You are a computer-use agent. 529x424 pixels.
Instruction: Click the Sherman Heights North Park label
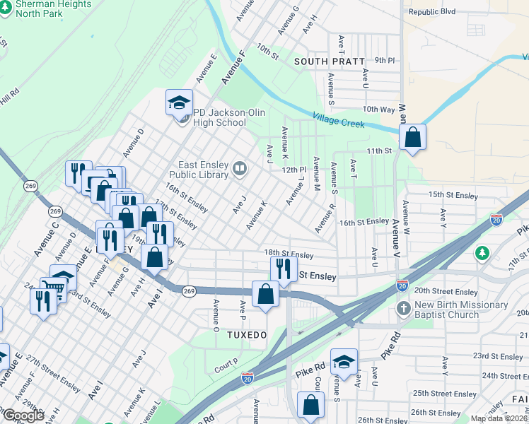click(x=45, y=8)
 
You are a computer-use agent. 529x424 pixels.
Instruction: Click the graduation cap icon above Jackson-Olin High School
click(x=179, y=102)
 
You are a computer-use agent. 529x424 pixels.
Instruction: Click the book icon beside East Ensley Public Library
click(x=240, y=168)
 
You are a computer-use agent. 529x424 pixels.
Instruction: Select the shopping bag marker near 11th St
click(x=412, y=138)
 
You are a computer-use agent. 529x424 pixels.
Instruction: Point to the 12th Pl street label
click(x=293, y=170)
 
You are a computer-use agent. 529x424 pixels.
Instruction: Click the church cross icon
click(x=403, y=308)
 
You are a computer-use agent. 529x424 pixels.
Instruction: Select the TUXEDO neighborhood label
click(x=245, y=331)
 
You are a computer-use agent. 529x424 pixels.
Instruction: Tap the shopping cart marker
click(x=52, y=288)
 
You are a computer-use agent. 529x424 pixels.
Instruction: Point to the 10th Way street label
click(x=378, y=110)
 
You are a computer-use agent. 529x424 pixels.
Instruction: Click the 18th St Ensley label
click(x=289, y=254)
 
